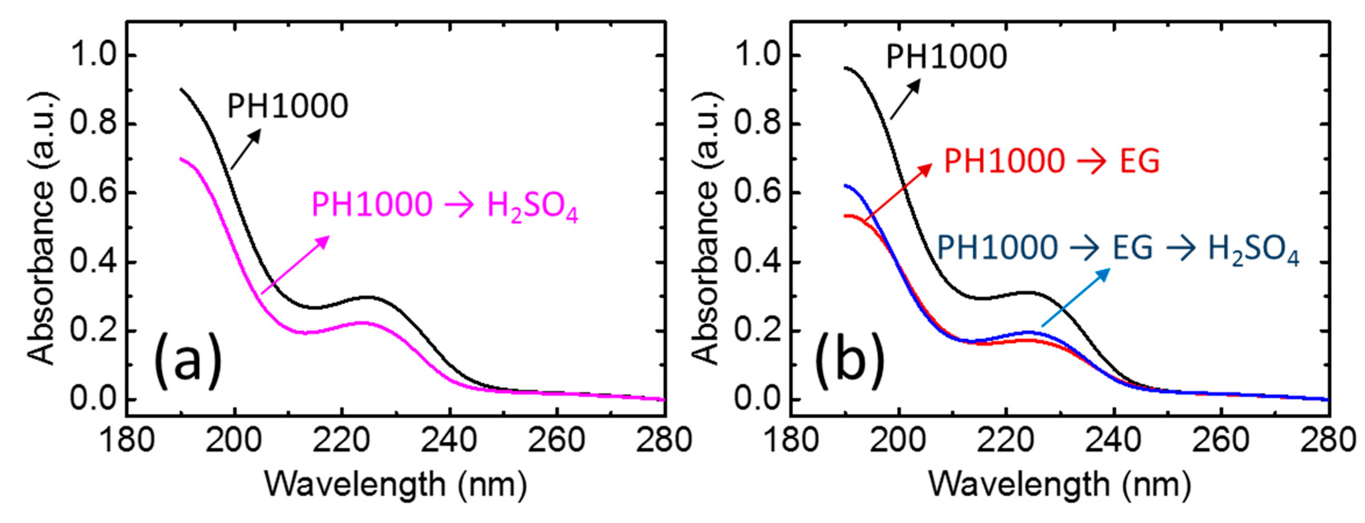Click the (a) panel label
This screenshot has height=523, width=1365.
[187, 360]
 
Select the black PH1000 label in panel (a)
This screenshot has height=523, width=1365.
[288, 106]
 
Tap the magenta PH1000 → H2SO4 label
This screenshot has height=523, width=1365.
[444, 206]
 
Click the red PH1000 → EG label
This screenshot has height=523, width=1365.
[1052, 161]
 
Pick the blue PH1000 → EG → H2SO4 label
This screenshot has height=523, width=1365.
[1118, 248]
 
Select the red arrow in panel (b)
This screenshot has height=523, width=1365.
[898, 192]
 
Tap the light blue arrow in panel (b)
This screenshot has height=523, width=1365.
[1076, 297]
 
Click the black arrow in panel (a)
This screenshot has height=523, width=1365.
[246, 149]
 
